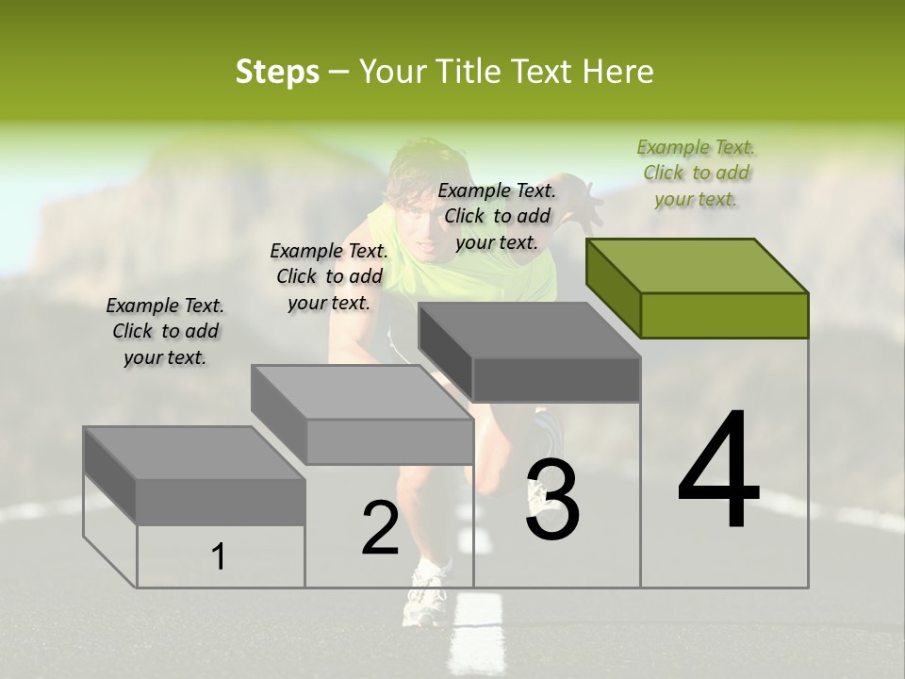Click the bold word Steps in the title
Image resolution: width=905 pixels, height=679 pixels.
(277, 72)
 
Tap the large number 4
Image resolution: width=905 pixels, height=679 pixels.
(718, 472)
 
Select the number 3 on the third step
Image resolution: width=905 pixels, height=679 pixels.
(551, 500)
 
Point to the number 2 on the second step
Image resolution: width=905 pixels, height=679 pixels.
(380, 528)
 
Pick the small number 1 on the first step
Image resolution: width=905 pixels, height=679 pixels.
(219, 556)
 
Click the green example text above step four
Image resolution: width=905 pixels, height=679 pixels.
(697, 174)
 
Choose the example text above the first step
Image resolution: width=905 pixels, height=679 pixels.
(165, 331)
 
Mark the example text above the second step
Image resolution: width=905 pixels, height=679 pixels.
(329, 276)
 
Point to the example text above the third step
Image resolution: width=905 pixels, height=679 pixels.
(497, 216)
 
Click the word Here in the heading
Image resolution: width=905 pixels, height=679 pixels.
(618, 72)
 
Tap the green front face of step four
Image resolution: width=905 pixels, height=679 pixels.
(724, 315)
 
